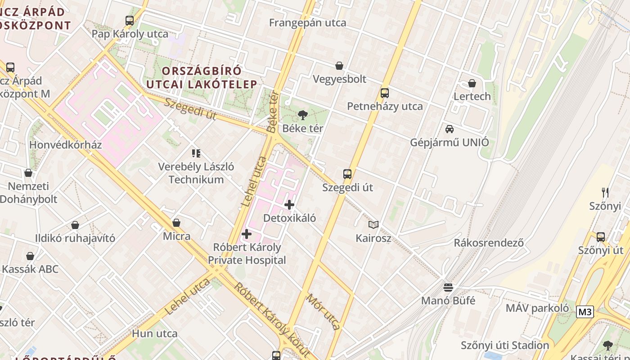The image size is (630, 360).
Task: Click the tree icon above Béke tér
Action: pyautogui.click(x=303, y=115)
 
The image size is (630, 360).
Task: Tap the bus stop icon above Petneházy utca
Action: pyautogui.click(x=384, y=93)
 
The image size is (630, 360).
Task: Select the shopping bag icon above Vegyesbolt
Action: pyautogui.click(x=339, y=66)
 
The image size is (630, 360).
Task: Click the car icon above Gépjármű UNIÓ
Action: pyautogui.click(x=449, y=129)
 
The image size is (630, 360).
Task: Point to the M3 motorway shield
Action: pyautogui.click(x=585, y=312)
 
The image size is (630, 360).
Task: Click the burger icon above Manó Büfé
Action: pyautogui.click(x=448, y=287)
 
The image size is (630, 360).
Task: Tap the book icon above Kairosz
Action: pyautogui.click(x=373, y=225)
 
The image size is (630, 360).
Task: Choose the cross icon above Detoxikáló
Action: pyautogui.click(x=289, y=205)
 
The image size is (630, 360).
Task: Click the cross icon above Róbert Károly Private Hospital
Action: pyautogui.click(x=247, y=234)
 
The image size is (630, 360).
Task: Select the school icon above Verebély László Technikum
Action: pyautogui.click(x=196, y=153)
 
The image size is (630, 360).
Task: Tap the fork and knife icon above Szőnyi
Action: pyautogui.click(x=605, y=193)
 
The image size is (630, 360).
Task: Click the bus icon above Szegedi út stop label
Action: pyautogui.click(x=347, y=174)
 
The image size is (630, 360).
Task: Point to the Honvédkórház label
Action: pyautogui.click(x=65, y=145)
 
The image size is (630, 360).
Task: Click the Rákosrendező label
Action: pyautogui.click(x=488, y=243)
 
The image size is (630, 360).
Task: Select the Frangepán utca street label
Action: pyautogui.click(x=308, y=23)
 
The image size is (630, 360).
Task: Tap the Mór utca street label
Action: pyautogui.click(x=323, y=311)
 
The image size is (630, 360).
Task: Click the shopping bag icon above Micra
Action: pyautogui.click(x=176, y=223)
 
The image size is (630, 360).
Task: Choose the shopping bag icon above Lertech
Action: pyautogui.click(x=472, y=83)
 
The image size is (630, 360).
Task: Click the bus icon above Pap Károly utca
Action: pyautogui.click(x=130, y=20)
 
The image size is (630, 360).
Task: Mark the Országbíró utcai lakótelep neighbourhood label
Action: pyautogui.click(x=202, y=77)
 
